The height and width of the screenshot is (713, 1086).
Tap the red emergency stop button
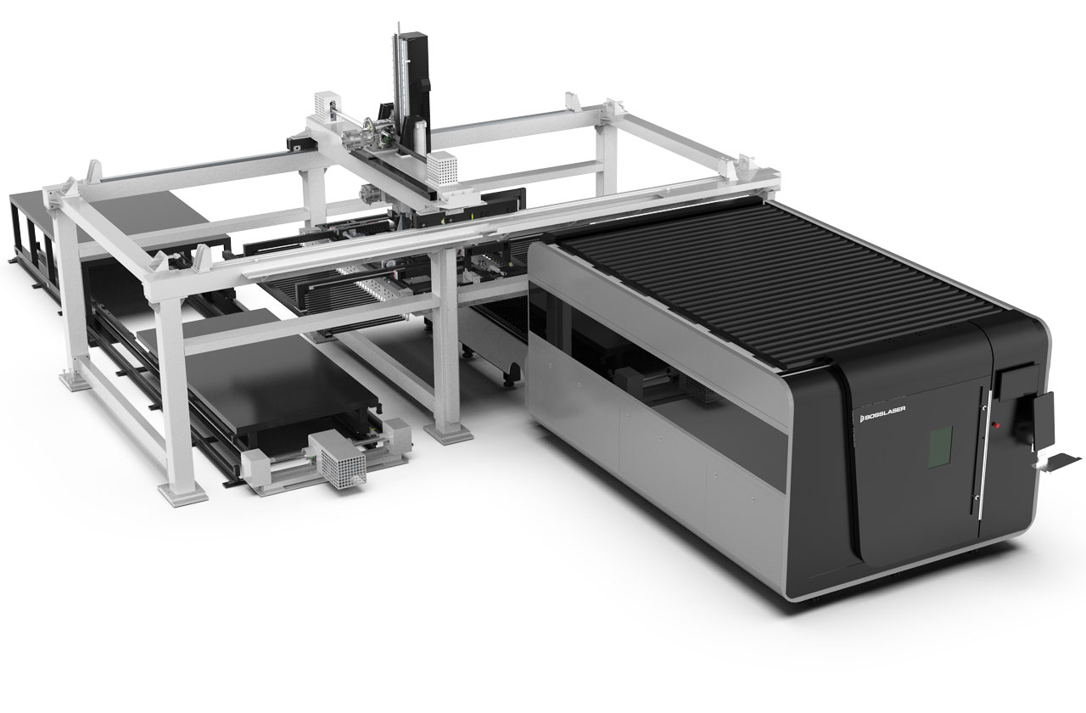click(x=996, y=425)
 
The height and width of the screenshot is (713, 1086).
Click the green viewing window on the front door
click(x=939, y=447)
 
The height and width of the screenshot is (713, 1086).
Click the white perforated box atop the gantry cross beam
click(x=442, y=168)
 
